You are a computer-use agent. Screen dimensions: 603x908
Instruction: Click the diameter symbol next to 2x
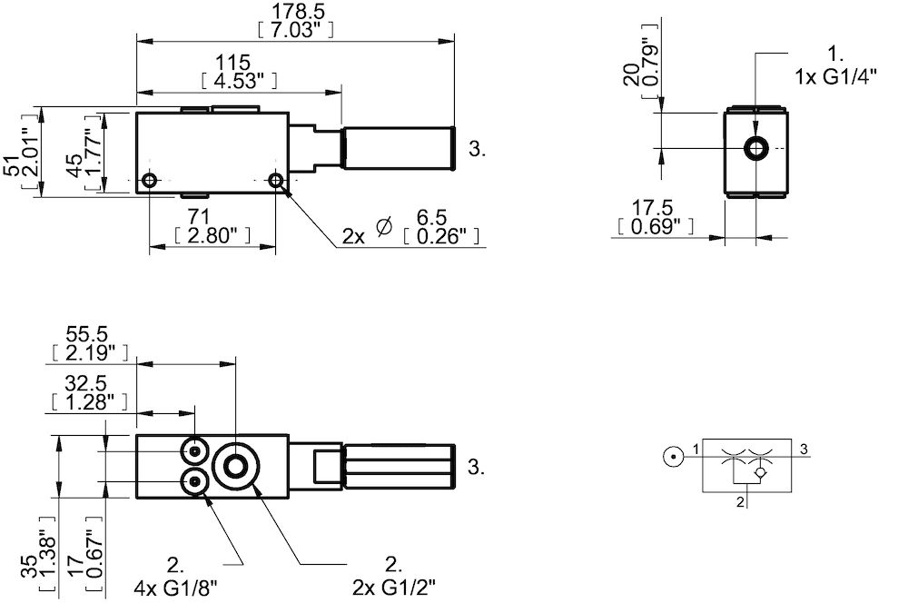[383, 230]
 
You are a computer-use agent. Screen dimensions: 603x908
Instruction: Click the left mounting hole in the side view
[151, 177]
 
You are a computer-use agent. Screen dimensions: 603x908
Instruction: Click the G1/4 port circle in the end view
[755, 148]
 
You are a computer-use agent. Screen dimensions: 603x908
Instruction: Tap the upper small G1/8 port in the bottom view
[195, 450]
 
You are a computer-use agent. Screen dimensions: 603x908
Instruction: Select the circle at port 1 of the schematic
[672, 458]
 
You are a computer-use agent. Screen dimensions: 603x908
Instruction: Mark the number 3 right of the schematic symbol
[804, 448]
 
